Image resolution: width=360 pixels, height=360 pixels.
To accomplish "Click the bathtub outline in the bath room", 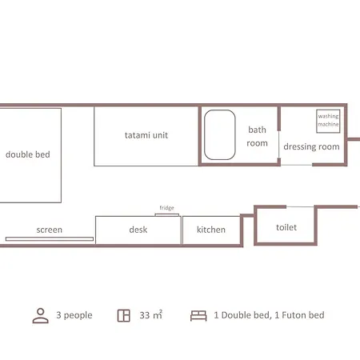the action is (205, 134).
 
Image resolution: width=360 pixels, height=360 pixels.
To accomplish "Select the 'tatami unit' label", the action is (146, 135).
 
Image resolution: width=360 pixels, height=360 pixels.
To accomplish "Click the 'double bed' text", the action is (28, 154).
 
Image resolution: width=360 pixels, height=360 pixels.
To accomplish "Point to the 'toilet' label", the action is (286, 227).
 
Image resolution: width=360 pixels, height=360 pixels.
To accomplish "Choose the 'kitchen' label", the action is (211, 230).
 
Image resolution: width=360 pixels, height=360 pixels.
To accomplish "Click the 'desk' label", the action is (138, 230).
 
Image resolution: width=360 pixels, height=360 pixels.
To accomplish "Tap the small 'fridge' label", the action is (167, 208).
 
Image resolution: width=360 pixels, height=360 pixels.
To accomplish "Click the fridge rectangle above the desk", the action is (167, 214).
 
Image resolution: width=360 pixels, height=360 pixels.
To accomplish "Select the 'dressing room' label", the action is (311, 146).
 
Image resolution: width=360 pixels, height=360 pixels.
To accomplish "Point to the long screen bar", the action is (50, 239).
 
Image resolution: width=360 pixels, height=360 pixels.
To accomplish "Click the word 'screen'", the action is (50, 230).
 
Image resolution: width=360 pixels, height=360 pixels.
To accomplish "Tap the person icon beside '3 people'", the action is (41, 315).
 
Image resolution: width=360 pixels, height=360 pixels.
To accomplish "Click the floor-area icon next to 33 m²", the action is (124, 315).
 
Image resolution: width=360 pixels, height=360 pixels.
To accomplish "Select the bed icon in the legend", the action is (198, 316).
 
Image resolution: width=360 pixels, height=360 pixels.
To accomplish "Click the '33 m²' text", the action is (151, 315).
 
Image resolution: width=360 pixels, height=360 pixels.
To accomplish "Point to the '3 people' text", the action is (74, 315).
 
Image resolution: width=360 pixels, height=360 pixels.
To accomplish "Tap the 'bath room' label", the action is (257, 136).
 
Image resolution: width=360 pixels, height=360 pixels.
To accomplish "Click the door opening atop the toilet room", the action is (300, 206).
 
